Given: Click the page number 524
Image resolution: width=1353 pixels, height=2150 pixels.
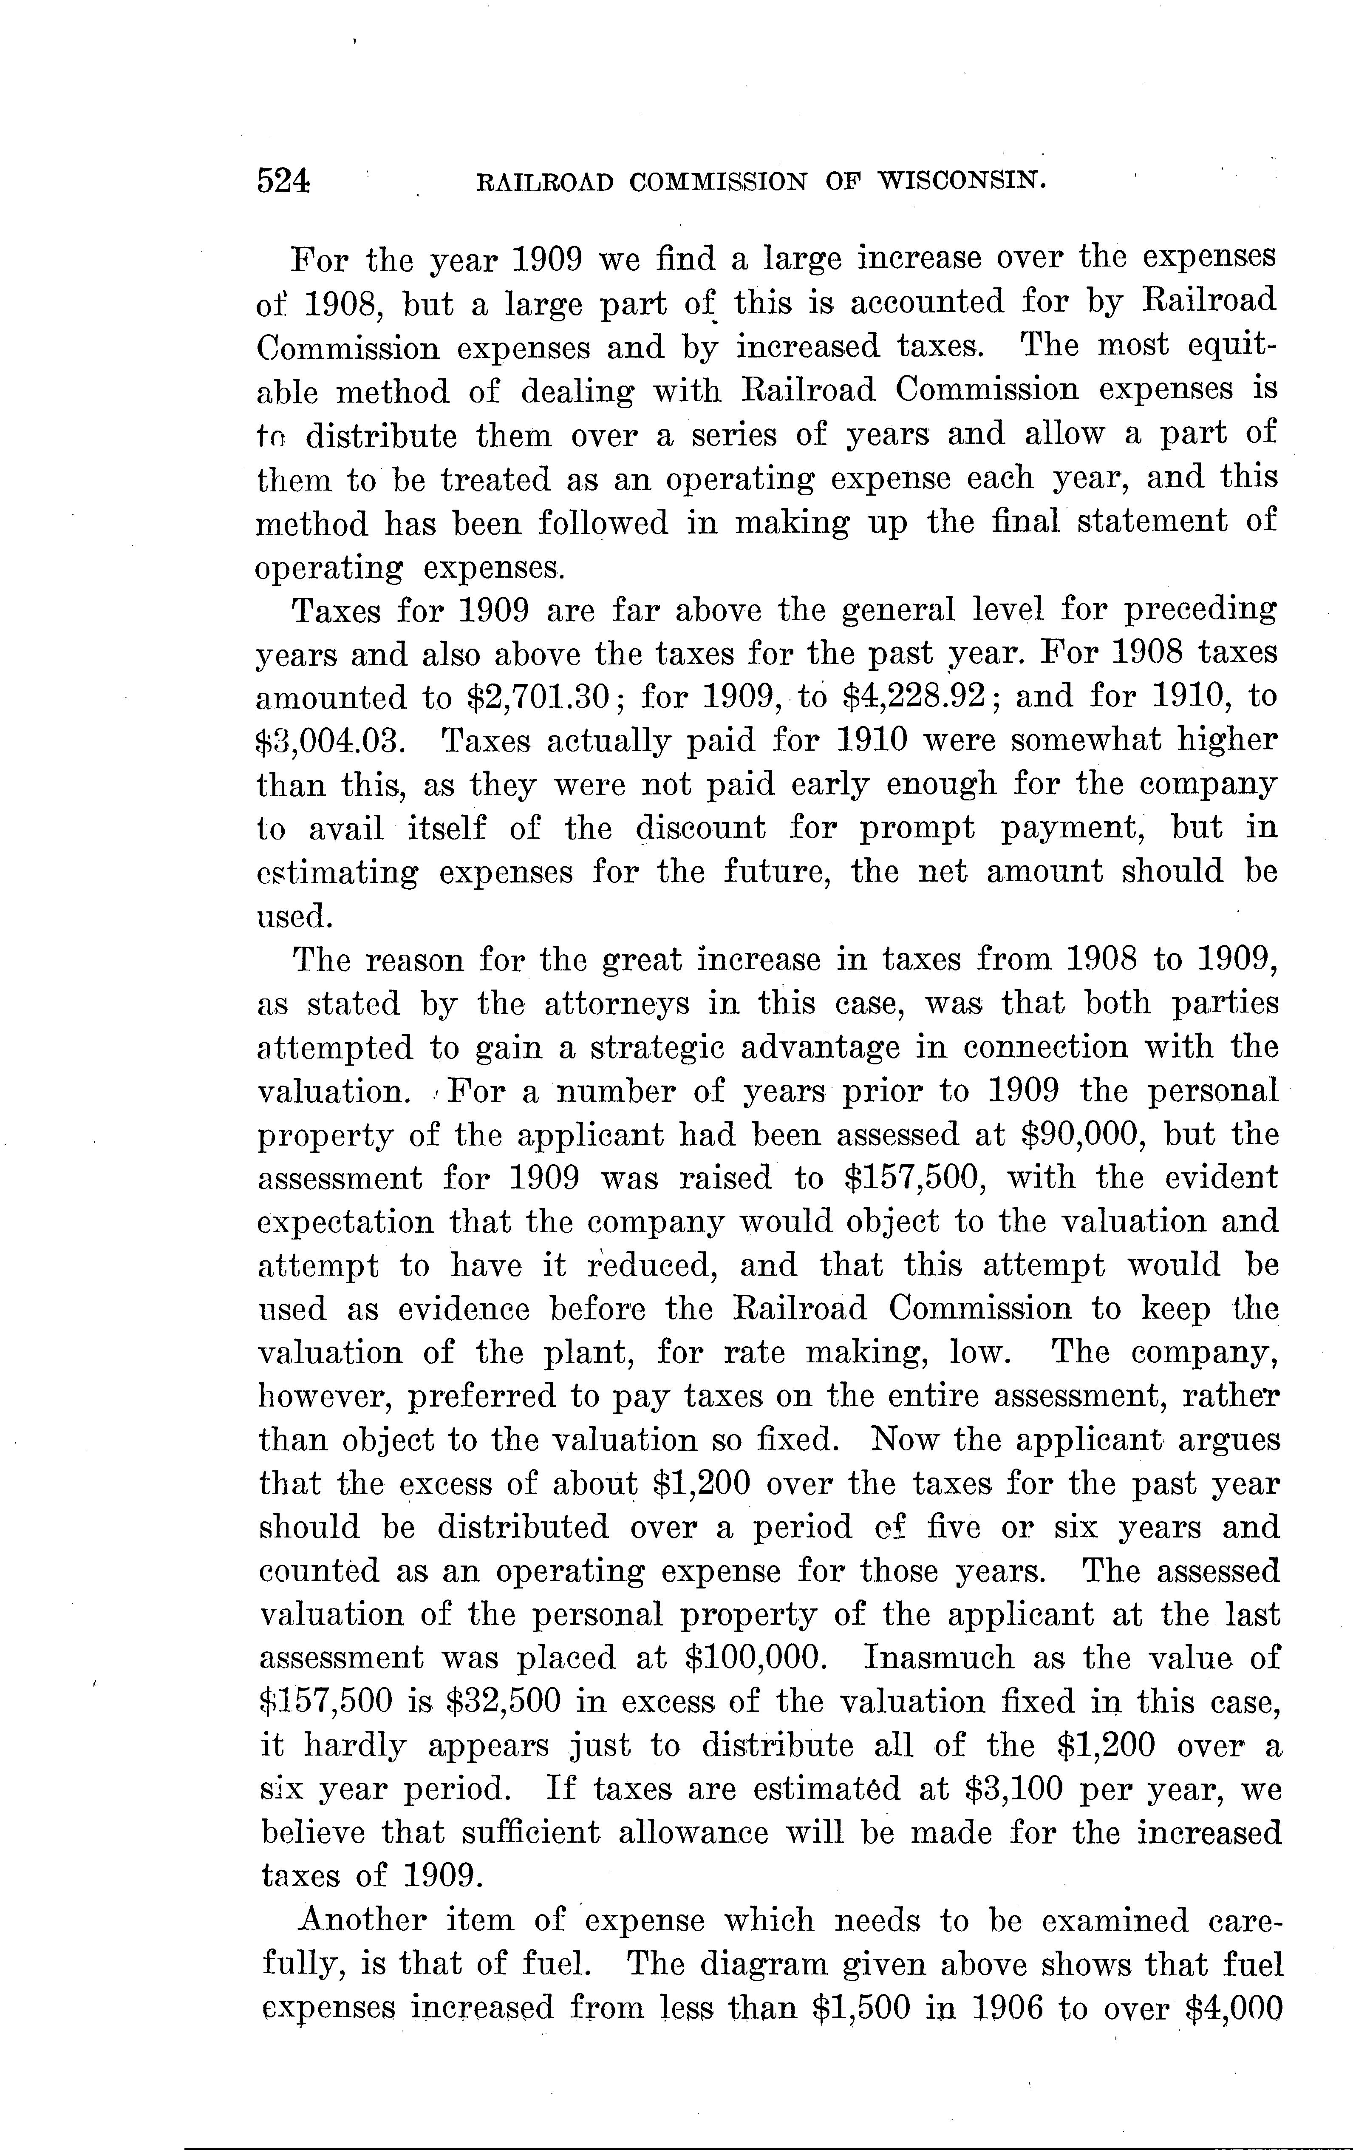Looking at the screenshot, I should point(284,181).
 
